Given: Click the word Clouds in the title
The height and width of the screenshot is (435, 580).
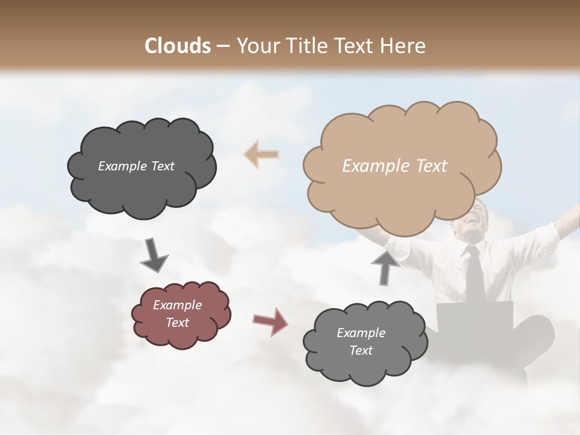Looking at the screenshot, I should click(178, 45).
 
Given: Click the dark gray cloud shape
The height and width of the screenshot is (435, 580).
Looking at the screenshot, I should click(141, 167).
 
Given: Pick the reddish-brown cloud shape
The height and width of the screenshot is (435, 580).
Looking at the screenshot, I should click(180, 314).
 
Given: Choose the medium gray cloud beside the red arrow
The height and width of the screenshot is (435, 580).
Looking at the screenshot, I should click(364, 342).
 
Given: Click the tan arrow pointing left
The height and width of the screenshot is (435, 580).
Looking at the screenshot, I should click(261, 154).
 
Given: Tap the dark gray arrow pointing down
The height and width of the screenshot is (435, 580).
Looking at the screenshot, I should click(154, 256).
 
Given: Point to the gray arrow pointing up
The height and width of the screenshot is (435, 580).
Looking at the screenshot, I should click(385, 267).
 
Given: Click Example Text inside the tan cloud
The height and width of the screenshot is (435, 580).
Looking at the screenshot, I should click(395, 166).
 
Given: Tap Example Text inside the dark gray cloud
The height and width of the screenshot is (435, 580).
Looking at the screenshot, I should click(136, 166).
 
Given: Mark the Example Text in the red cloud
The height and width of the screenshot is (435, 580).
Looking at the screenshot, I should click(177, 314).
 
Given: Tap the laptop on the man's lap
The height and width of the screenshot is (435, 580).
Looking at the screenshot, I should click(475, 317).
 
